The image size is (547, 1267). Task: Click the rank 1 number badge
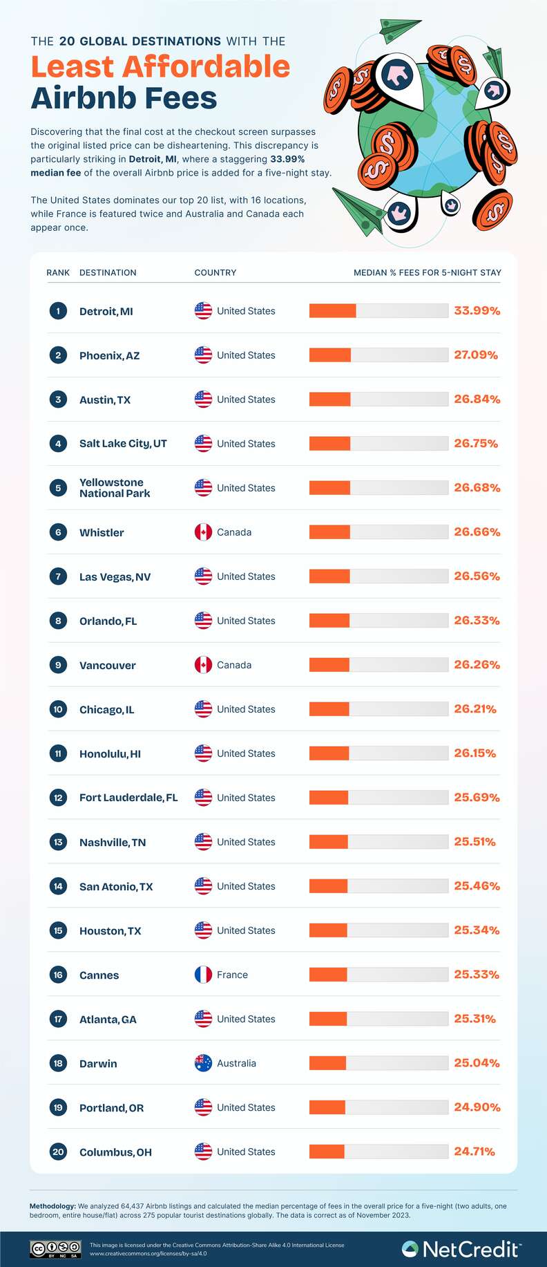pos(58,311)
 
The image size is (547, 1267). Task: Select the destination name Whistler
pos(102,532)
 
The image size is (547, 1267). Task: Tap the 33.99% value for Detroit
pos(477,311)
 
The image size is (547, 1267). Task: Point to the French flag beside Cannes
pos(203,975)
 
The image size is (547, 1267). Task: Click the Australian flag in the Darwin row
pos(203,1063)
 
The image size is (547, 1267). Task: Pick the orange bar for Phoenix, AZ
pos(330,355)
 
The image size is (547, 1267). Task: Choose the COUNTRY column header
pos(215,272)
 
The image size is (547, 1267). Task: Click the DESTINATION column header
pos(108,272)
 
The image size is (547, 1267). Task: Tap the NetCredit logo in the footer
pos(461,1249)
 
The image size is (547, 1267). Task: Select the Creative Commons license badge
pos(55,1249)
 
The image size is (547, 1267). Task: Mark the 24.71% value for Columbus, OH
pos(474,1152)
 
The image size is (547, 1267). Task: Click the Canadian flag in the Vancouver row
pos(203,665)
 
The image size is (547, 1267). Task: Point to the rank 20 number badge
pos(58,1152)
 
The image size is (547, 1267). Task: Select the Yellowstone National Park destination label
pos(115,488)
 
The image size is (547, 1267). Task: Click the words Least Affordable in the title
pos(160,67)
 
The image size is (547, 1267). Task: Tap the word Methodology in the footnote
pos(52,1206)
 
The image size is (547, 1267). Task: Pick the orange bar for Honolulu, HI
pos(329,753)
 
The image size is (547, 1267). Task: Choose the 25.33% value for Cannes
pos(477,975)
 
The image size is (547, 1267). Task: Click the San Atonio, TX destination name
pos(116,886)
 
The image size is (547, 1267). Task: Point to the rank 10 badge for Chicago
pos(58,709)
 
